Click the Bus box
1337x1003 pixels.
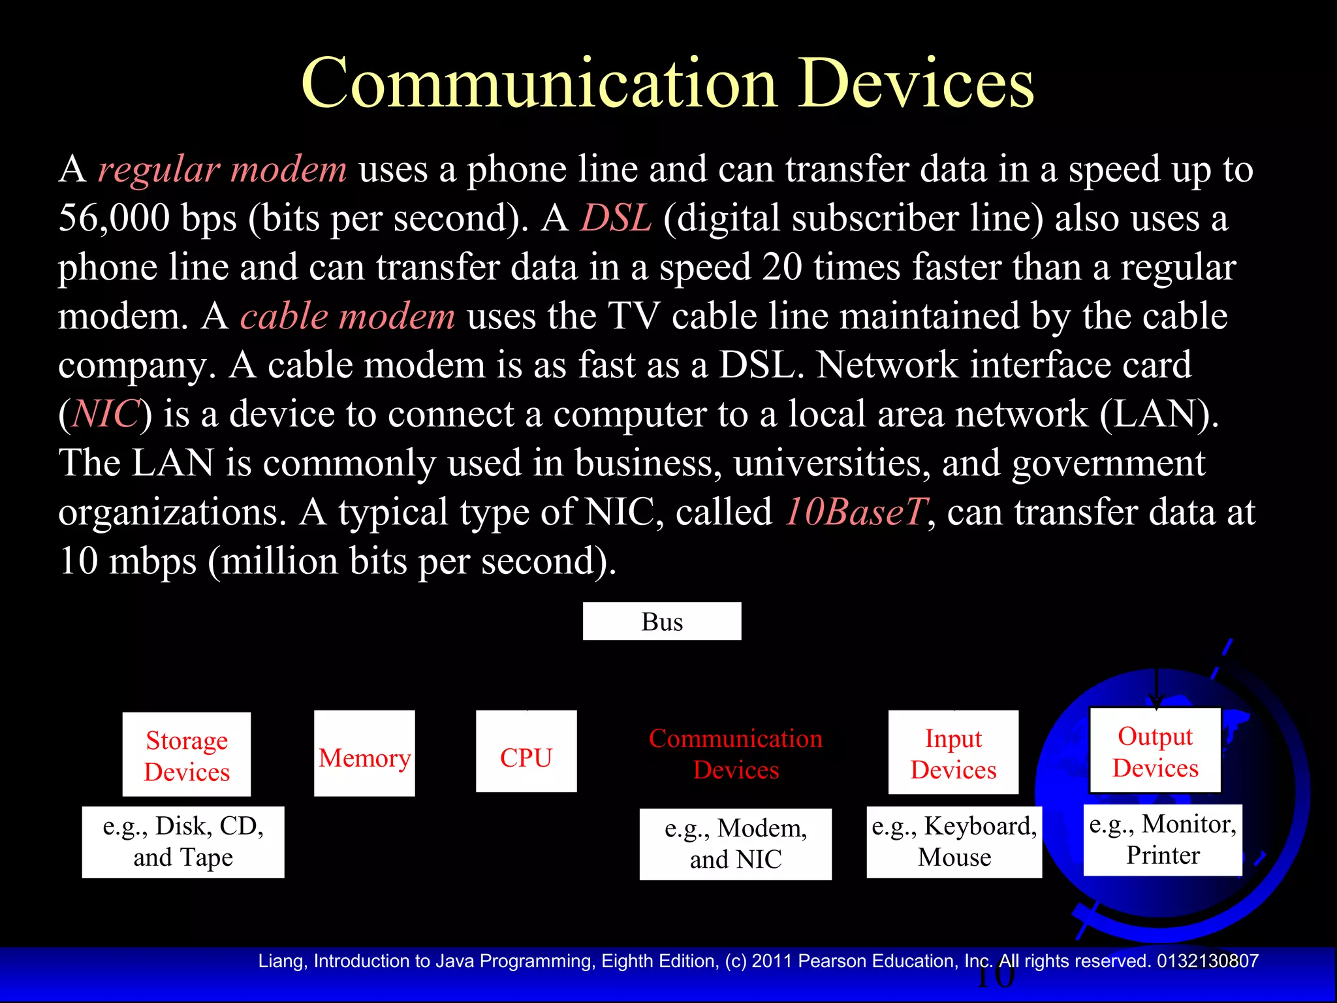click(x=661, y=621)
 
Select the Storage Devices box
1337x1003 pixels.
click(x=187, y=755)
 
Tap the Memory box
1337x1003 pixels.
click(x=364, y=754)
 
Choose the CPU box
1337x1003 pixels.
click(x=526, y=752)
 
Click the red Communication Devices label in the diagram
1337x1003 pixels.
click(x=736, y=754)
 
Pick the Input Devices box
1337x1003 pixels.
click(x=953, y=753)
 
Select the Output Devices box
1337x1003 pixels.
click(x=1155, y=751)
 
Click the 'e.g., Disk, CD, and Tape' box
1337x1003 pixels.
click(x=183, y=842)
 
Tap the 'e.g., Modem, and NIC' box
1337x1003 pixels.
click(x=736, y=844)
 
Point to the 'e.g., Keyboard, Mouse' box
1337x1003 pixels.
click(x=954, y=842)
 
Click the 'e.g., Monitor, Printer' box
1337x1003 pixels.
click(x=1163, y=840)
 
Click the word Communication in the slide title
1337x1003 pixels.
click(x=539, y=84)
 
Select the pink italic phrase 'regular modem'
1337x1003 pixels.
click(x=223, y=169)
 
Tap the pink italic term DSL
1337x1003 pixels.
click(x=616, y=217)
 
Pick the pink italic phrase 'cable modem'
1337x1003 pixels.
click(x=347, y=316)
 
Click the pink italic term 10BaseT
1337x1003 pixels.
click(x=855, y=511)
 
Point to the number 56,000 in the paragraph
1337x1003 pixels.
click(x=114, y=217)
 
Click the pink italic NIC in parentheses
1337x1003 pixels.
click(x=106, y=414)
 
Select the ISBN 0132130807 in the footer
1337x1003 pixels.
click(x=1207, y=961)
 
